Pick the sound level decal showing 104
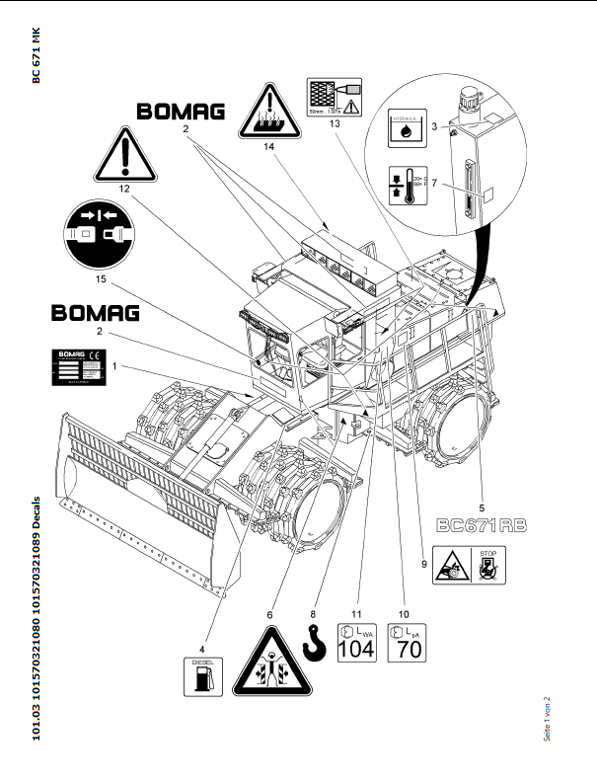coord(356,642)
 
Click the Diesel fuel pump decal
coord(202,674)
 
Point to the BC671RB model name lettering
coord(484,524)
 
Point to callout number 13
coord(335,124)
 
